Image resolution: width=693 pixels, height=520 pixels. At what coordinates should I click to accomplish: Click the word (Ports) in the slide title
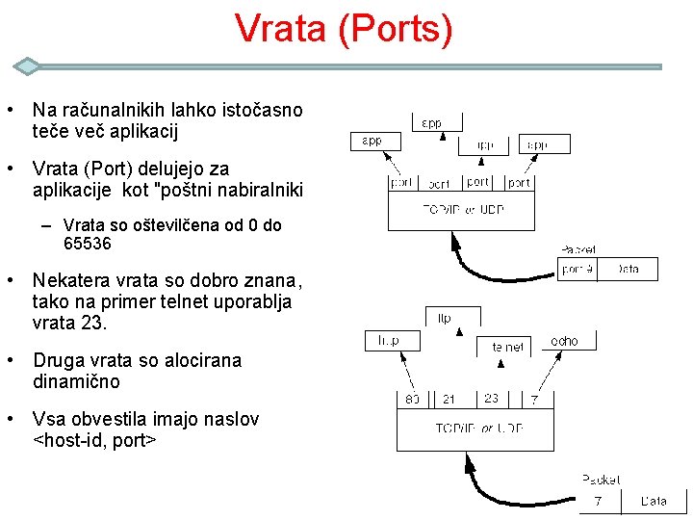point(395,29)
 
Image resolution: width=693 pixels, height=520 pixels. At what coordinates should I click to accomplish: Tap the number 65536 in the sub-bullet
point(88,245)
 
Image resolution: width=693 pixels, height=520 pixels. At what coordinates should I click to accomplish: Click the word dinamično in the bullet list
point(76,381)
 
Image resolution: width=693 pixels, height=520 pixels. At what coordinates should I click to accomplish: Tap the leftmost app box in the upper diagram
point(372,142)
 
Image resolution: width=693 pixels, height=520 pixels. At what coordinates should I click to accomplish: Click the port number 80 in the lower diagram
point(412,399)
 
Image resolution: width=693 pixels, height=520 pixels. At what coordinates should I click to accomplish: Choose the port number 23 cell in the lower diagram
point(491,399)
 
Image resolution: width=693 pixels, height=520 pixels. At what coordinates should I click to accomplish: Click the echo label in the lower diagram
point(565,342)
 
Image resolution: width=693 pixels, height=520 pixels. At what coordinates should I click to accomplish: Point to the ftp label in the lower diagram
point(445,319)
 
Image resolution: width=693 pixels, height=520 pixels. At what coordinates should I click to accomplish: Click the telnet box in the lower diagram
point(508,347)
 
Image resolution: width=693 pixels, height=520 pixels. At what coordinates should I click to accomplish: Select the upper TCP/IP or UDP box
point(463,209)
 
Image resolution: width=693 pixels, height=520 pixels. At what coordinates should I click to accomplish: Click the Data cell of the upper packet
point(628,269)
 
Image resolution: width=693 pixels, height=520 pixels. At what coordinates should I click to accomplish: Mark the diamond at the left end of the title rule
point(28,66)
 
